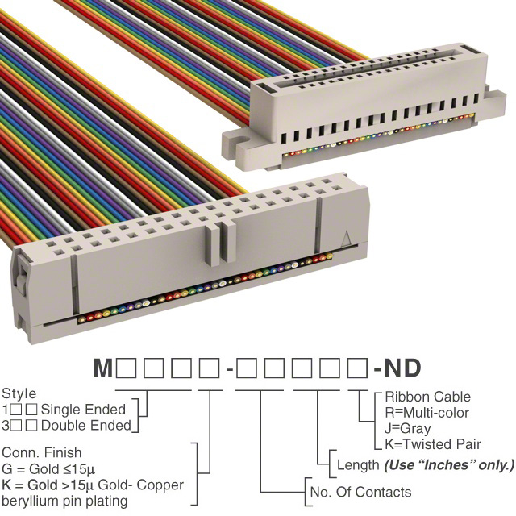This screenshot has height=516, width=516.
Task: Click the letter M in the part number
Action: point(103,369)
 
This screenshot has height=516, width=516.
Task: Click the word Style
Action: point(19,394)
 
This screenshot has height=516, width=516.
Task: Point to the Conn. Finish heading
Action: point(43,453)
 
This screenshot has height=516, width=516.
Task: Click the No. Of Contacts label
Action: point(360,492)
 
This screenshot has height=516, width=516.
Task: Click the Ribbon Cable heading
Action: point(427,397)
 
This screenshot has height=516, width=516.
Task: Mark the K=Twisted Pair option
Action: point(433,444)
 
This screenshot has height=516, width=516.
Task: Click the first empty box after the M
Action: point(126,369)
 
